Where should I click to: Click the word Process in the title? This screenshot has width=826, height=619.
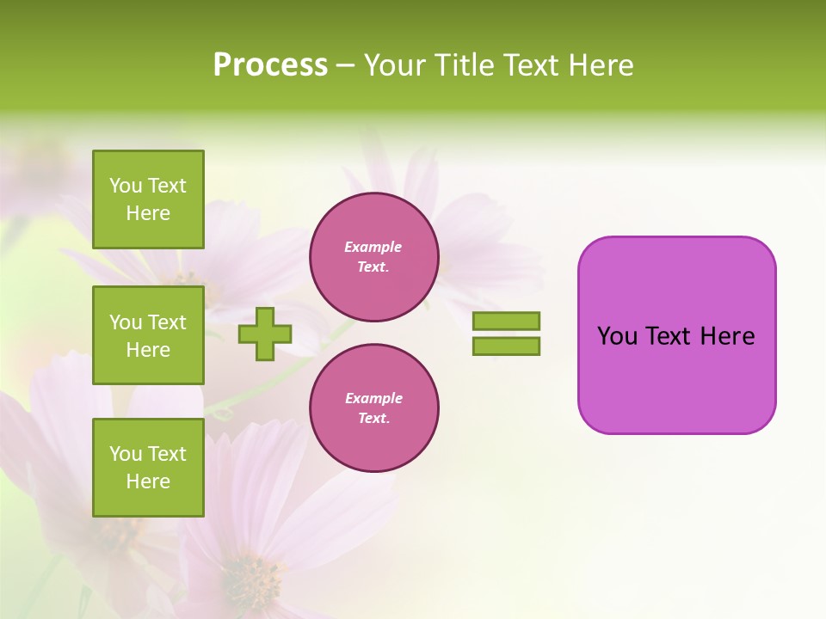(x=270, y=65)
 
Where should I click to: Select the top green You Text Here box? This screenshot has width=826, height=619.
(x=148, y=199)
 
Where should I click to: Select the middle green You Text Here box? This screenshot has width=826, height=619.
(x=148, y=335)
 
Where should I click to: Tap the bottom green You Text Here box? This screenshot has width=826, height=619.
(x=148, y=468)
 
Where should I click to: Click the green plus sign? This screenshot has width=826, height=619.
(x=265, y=334)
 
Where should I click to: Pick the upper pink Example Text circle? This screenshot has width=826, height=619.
(x=373, y=256)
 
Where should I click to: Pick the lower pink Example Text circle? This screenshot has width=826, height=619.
(x=373, y=408)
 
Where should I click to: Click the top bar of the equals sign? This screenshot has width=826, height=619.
(x=506, y=321)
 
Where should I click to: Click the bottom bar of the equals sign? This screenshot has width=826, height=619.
(x=506, y=346)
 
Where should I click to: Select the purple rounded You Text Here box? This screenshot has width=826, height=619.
(x=676, y=335)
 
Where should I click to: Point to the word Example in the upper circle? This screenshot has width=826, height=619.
(x=373, y=247)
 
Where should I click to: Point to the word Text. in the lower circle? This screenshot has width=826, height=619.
(x=373, y=418)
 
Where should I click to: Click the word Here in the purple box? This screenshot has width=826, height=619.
(x=727, y=336)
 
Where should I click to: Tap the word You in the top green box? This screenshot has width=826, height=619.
(x=126, y=186)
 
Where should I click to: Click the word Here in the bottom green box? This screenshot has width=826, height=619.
(x=148, y=481)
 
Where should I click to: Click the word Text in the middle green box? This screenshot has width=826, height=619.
(x=167, y=322)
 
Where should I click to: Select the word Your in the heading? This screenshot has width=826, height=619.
(x=398, y=65)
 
